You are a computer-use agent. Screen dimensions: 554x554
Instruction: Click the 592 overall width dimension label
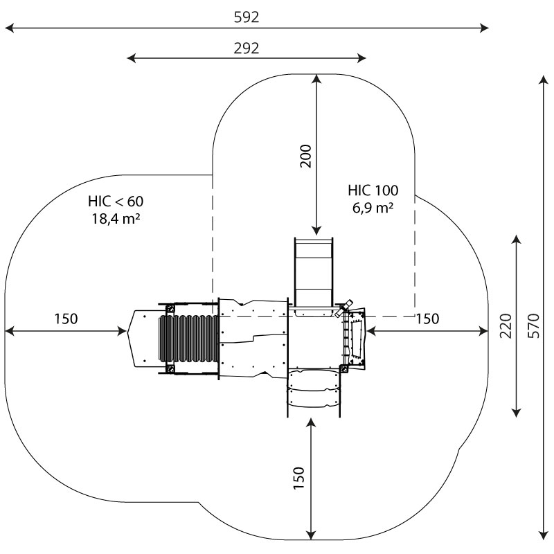pyautogui.click(x=247, y=17)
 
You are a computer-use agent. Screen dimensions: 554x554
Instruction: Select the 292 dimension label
pyautogui.click(x=247, y=48)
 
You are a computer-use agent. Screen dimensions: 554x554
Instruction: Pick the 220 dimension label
pyautogui.click(x=506, y=325)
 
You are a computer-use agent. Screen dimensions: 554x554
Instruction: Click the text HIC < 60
pyautogui.click(x=116, y=202)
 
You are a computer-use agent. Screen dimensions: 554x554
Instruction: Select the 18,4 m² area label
pyautogui.click(x=116, y=219)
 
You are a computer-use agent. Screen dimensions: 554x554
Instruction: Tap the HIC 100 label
pyautogui.click(x=373, y=190)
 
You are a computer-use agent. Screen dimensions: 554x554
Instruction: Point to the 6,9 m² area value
pyautogui.click(x=373, y=207)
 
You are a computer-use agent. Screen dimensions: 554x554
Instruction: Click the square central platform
pyautogui.click(x=315, y=339)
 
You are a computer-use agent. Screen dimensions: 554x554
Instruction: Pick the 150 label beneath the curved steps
pyautogui.click(x=299, y=479)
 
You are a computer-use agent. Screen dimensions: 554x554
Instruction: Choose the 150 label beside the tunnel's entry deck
pyautogui.click(x=66, y=319)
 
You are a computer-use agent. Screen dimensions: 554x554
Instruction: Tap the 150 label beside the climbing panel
pyautogui.click(x=428, y=319)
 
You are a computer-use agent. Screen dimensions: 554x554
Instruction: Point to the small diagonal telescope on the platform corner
pyautogui.click(x=345, y=308)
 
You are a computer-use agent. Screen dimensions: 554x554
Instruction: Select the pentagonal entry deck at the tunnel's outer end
pyautogui.click(x=143, y=338)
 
